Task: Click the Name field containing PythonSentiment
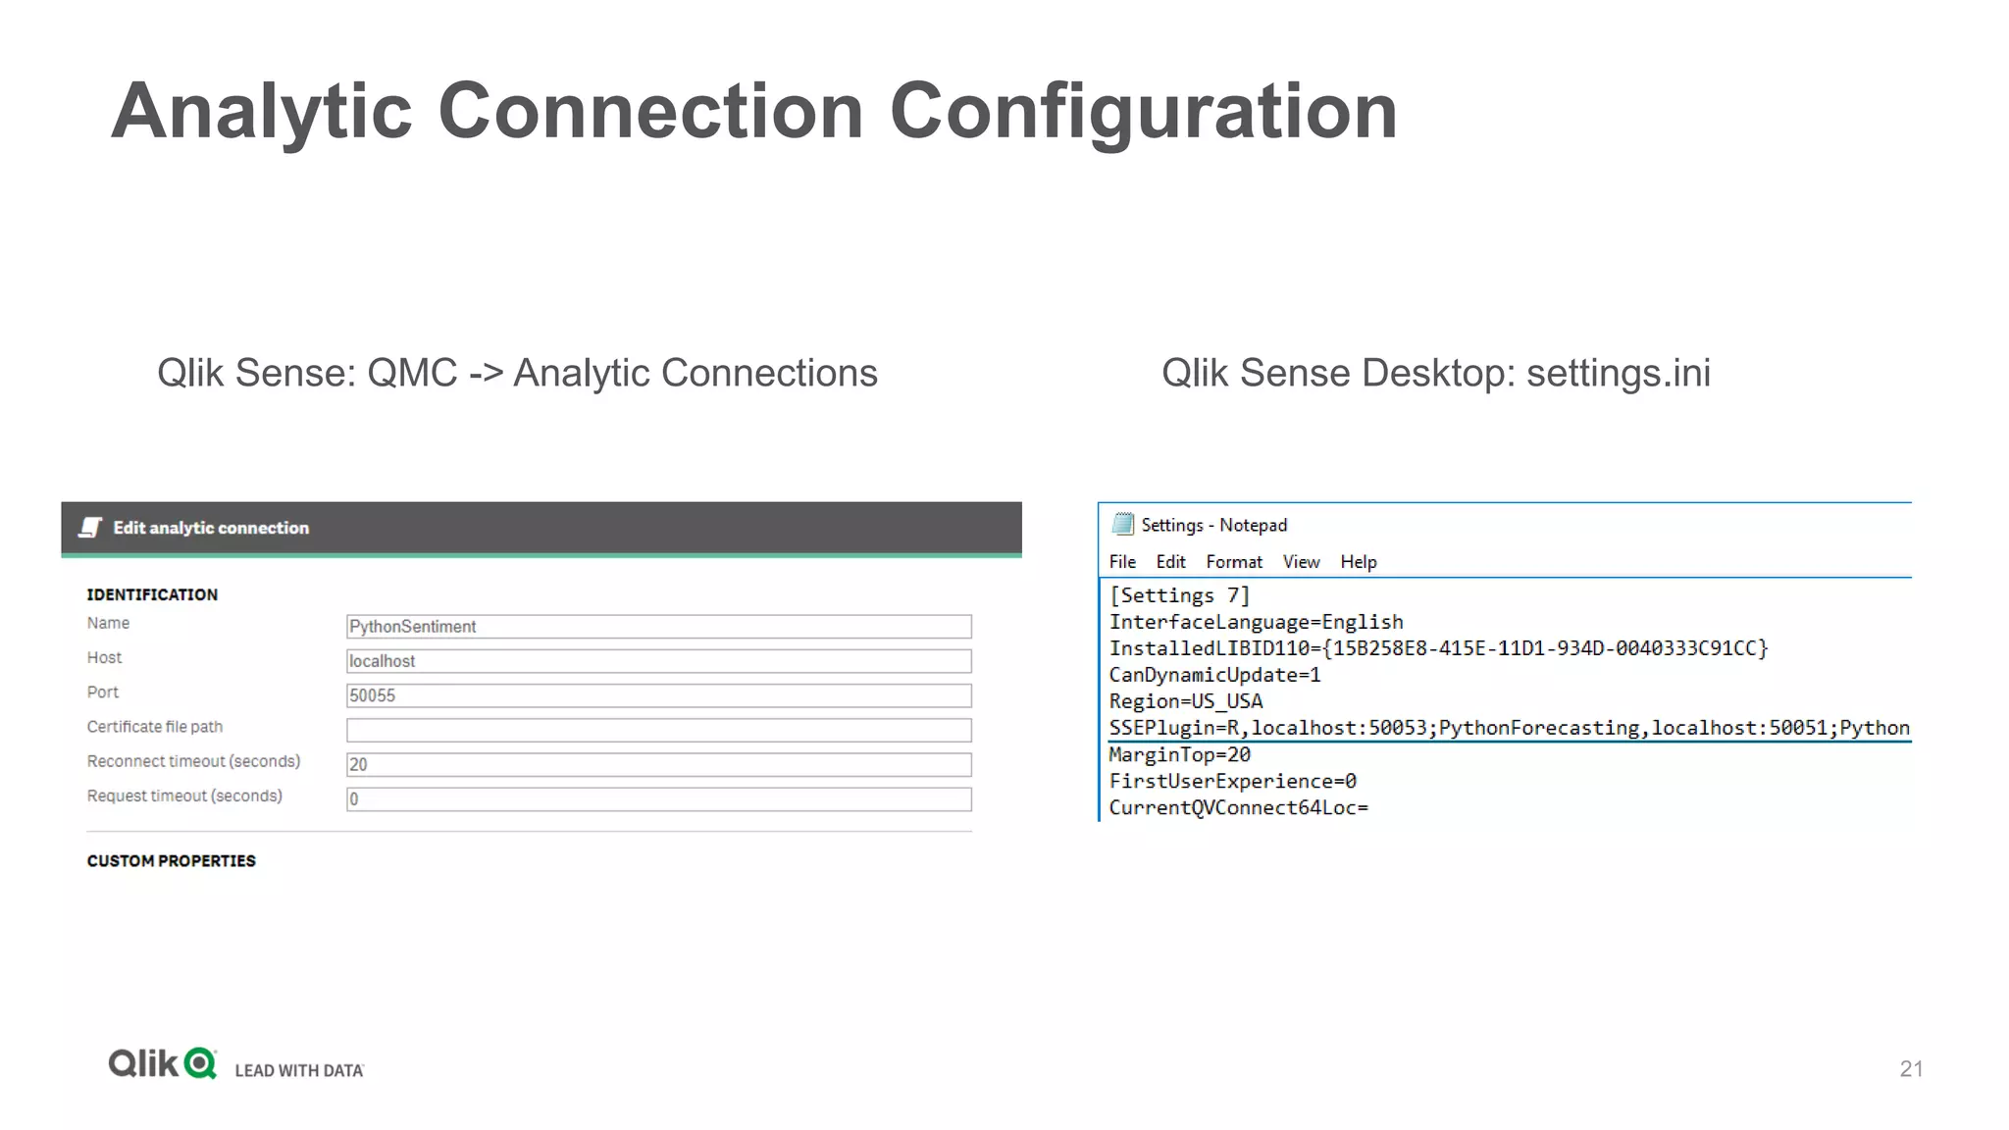click(x=658, y=627)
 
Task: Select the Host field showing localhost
click(x=658, y=661)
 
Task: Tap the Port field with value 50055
click(x=658, y=695)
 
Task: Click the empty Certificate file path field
click(x=658, y=730)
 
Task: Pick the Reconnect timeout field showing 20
click(x=658, y=764)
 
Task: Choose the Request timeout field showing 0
click(x=658, y=799)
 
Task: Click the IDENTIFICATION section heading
click(x=152, y=594)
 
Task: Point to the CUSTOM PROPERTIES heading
click(x=171, y=861)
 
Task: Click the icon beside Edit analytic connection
click(x=90, y=528)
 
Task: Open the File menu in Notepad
click(x=1122, y=562)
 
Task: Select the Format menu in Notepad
click(x=1234, y=562)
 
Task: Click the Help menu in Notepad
click(x=1359, y=562)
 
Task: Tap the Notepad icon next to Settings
click(x=1123, y=524)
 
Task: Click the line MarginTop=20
click(x=1179, y=754)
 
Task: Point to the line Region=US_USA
click(x=1185, y=701)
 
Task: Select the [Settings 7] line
click(x=1179, y=595)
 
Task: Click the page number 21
click(x=1911, y=1068)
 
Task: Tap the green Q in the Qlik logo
click(x=200, y=1063)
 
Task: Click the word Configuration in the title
click(x=1143, y=111)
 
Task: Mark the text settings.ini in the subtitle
click(x=1618, y=373)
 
